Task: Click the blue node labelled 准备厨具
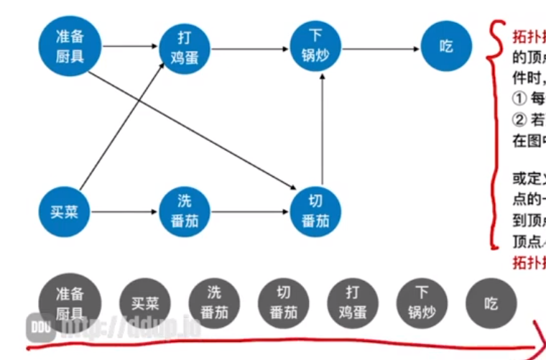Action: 70,46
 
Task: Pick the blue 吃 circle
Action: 446,46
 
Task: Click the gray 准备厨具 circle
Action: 70,303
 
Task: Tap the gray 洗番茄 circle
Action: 214,303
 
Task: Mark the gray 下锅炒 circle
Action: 422,303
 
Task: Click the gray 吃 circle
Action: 491,303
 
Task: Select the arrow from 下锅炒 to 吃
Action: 381,48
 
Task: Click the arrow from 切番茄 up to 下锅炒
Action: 322,129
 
